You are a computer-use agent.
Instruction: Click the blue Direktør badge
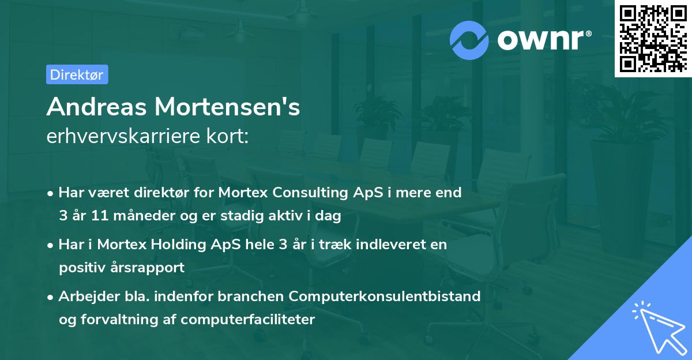[x=77, y=74]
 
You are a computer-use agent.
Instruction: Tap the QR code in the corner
[x=652, y=39]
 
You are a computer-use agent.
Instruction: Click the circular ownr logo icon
[x=469, y=40]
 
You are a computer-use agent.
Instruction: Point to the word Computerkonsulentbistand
[x=385, y=296]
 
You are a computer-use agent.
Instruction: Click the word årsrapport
[x=151, y=268]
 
